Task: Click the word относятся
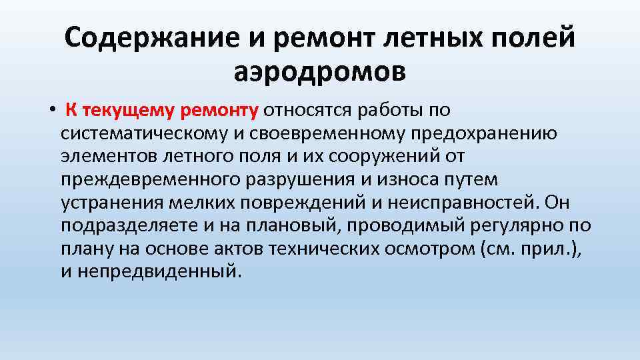coord(309,109)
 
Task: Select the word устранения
coord(115,202)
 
